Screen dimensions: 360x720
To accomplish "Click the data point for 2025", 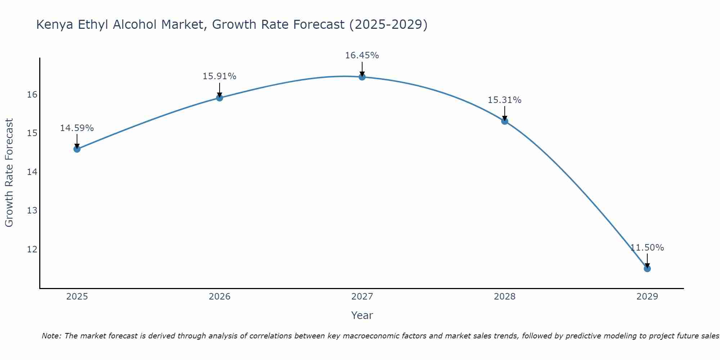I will (77, 149).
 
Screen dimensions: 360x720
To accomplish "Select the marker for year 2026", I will (220, 98).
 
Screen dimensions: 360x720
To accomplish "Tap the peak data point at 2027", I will (362, 77).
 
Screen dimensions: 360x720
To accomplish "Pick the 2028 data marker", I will (505, 121).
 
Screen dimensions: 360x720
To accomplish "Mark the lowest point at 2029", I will (647, 269).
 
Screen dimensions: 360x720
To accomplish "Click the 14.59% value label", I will (77, 128).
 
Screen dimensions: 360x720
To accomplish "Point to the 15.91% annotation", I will (219, 76).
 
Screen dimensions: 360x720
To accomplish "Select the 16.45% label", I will (362, 55).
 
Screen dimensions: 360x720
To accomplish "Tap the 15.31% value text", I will (504, 100).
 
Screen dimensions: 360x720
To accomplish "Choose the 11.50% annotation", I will (647, 248).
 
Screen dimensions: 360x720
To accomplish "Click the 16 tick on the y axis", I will (32, 95).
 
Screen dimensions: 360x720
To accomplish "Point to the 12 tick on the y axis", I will (32, 249).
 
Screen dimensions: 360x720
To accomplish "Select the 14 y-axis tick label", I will (32, 172).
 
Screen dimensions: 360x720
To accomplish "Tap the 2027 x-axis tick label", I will (362, 297).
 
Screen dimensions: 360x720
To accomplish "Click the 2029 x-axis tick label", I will (647, 297).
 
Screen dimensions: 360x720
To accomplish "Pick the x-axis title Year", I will (362, 315).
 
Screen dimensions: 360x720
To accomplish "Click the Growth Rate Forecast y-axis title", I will (9, 172).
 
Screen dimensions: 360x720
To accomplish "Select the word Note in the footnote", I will (51, 336).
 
